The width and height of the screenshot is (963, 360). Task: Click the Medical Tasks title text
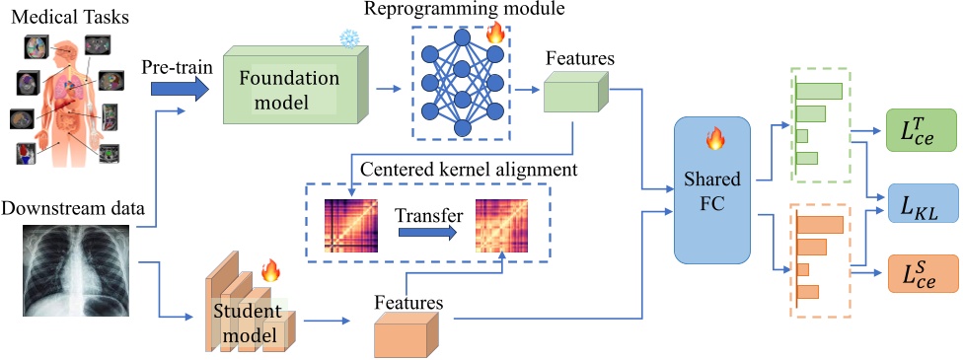(x=71, y=17)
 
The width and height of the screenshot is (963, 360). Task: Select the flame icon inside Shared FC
(x=713, y=140)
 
